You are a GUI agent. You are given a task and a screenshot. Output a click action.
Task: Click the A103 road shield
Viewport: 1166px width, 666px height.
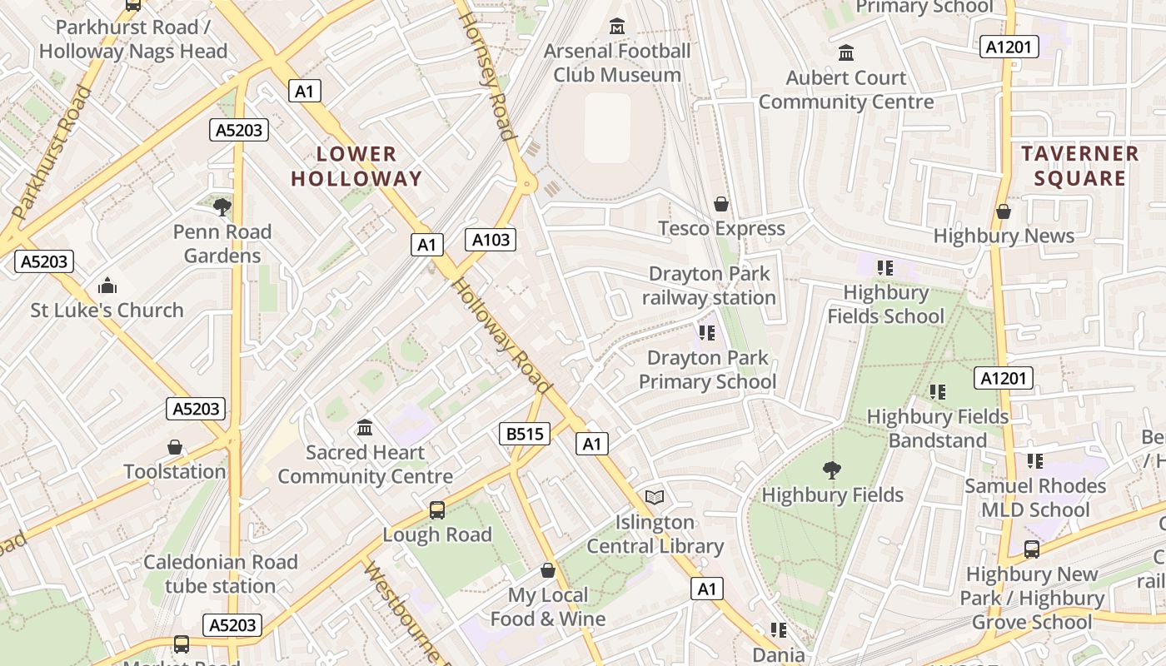(491, 240)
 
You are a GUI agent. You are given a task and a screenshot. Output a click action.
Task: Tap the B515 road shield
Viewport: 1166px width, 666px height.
(525, 433)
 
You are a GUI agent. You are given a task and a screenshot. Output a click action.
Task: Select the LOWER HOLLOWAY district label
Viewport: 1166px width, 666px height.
(356, 166)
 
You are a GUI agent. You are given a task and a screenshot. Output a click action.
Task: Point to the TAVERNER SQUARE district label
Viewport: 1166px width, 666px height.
(1080, 166)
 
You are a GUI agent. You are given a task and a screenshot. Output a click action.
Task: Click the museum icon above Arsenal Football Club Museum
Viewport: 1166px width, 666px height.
(616, 27)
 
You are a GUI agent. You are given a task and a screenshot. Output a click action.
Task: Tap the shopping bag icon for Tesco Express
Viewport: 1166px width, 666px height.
(721, 204)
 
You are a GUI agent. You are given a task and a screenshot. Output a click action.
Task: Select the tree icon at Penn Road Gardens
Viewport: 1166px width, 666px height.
(222, 206)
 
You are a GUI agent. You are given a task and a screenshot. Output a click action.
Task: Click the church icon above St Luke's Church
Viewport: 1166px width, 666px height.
(107, 286)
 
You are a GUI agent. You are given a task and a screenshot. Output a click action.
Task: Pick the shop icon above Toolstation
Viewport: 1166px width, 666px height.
(175, 447)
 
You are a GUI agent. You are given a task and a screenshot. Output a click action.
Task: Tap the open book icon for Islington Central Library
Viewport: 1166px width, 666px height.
(655, 497)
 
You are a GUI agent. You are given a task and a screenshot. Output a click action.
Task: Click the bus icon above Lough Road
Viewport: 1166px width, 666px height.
(437, 510)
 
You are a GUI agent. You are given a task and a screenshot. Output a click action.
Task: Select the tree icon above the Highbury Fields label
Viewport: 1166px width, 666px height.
(831, 470)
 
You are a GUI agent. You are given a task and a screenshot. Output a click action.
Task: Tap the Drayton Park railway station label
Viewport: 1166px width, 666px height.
(709, 286)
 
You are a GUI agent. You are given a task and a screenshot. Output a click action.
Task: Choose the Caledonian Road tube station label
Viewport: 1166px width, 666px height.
(220, 574)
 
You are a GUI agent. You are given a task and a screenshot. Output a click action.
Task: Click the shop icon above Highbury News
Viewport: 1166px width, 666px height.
(1004, 211)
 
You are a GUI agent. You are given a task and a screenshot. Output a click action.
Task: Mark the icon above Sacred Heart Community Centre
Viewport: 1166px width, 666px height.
(365, 428)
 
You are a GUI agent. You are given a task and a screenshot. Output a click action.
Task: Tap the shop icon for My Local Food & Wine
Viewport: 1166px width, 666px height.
(548, 570)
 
